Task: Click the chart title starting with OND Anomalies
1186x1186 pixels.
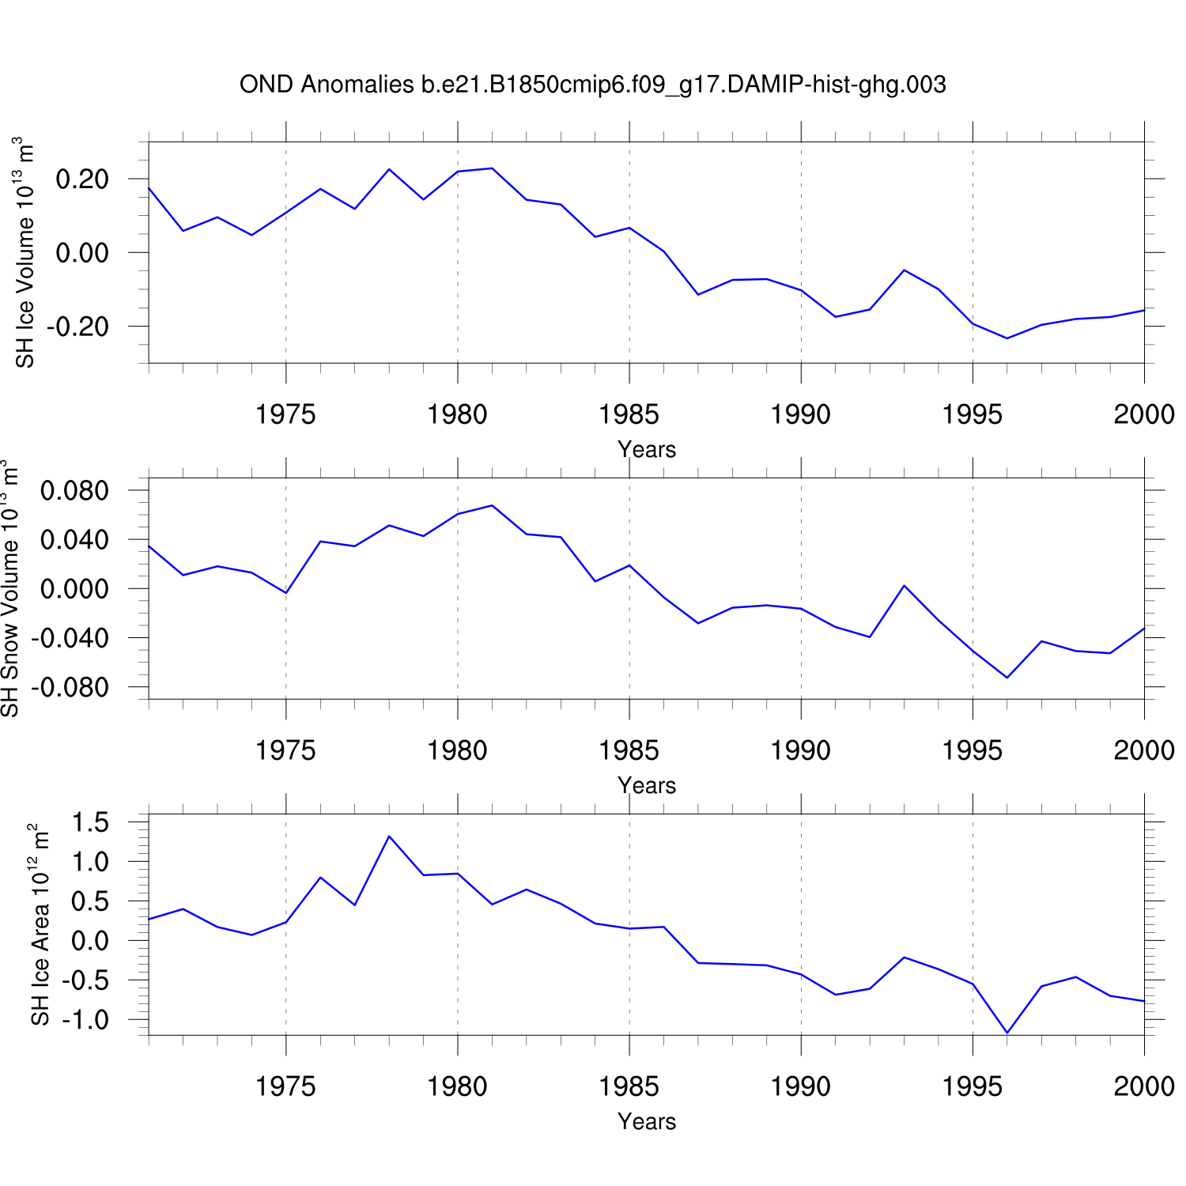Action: [x=592, y=85]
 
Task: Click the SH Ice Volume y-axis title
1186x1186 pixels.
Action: [x=25, y=252]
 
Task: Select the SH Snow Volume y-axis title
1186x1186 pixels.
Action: [x=9, y=588]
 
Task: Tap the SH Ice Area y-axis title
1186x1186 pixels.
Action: [x=40, y=924]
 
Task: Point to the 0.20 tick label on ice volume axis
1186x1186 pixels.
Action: [x=82, y=179]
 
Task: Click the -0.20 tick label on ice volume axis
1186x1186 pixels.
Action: [x=77, y=327]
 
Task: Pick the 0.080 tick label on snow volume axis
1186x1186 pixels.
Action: [x=74, y=491]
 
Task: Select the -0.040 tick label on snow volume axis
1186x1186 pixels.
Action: [x=70, y=638]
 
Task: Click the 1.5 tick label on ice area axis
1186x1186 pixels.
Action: [x=90, y=822]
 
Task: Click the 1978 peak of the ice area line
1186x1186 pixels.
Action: [x=389, y=837]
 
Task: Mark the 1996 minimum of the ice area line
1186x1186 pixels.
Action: [x=1007, y=1033]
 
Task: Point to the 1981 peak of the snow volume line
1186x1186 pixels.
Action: [x=492, y=505]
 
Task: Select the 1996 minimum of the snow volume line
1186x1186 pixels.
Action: [x=1007, y=678]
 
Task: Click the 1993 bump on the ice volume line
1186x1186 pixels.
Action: [x=904, y=270]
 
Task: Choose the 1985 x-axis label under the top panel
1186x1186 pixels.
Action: [x=629, y=414]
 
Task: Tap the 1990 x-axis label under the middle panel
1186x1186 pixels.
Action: [x=801, y=750]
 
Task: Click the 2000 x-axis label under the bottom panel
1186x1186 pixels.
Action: [x=1144, y=1086]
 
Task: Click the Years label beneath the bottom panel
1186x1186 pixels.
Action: [x=647, y=1121]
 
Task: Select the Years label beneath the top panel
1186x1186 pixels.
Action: [x=647, y=449]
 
